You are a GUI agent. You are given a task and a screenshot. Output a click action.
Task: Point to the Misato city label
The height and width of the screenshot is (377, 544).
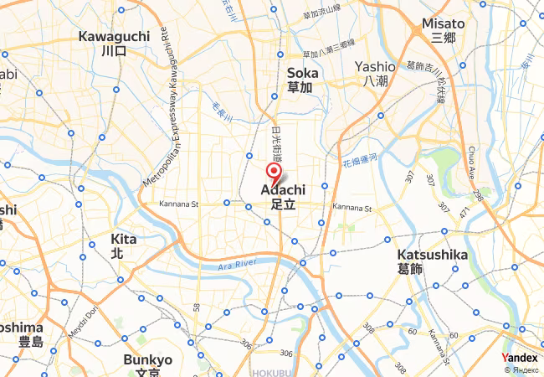[443, 23]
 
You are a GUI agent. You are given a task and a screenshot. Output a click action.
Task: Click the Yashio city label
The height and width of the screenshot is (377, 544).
[374, 66]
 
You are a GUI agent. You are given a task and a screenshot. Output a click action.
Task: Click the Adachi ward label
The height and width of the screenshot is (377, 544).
[289, 190]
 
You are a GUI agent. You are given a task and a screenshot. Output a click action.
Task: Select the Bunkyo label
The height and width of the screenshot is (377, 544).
[147, 360]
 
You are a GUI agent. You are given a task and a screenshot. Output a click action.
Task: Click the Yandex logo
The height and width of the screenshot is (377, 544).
[520, 358]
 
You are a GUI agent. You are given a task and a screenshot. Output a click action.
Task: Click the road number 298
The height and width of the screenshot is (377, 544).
[478, 195]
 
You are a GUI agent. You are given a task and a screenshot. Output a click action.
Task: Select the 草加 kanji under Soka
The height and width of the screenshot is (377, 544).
[300, 87]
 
